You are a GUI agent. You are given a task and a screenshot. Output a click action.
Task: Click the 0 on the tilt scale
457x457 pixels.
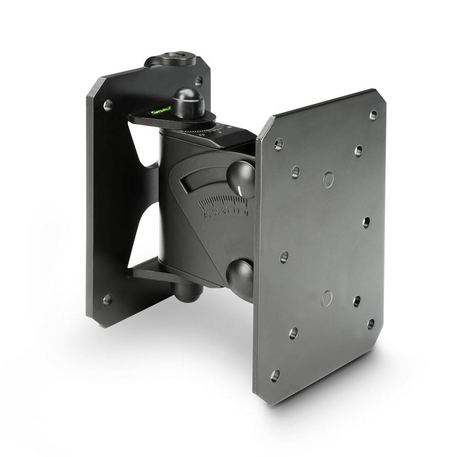(x=245, y=212)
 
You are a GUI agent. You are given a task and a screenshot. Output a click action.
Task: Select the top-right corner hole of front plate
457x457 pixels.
(x=373, y=114)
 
